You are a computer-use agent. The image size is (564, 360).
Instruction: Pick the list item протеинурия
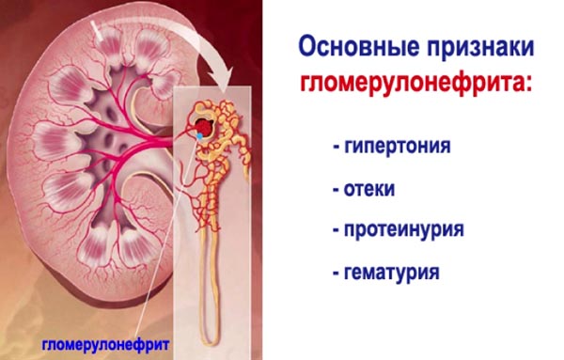pyautogui.click(x=404, y=230)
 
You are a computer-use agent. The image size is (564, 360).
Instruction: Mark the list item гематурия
pyautogui.click(x=396, y=273)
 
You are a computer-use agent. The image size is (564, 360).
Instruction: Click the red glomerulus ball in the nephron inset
pyautogui.click(x=202, y=124)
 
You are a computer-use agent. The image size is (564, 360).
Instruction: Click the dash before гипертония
pyautogui.click(x=336, y=149)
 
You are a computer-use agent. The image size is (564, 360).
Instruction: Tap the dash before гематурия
pyautogui.click(x=336, y=274)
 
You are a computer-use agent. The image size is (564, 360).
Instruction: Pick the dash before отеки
pyautogui.click(x=336, y=191)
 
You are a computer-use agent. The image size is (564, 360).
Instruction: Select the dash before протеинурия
pyautogui.click(x=336, y=231)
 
